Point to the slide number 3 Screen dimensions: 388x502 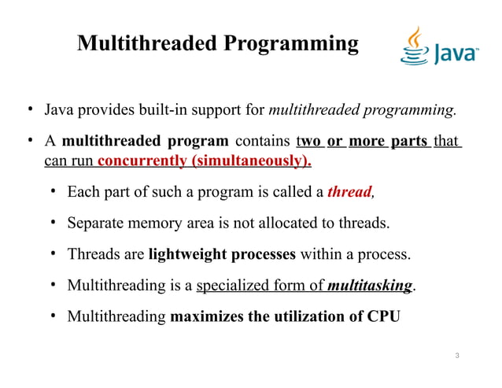pyautogui.click(x=458, y=357)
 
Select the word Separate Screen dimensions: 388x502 pyautogui.click(x=96, y=223)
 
